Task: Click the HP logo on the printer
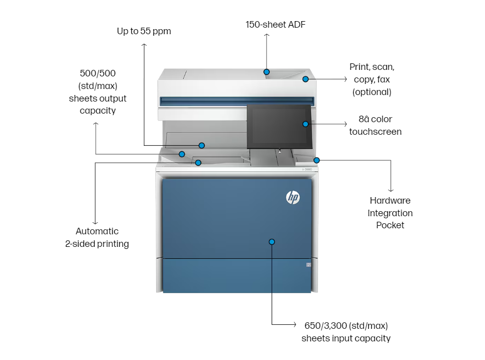(293, 198)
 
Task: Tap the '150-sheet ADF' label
(275, 24)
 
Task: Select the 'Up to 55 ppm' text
(144, 31)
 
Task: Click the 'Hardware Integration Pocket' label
(390, 213)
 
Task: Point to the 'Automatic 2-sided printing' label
(97, 237)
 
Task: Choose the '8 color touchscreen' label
(375, 125)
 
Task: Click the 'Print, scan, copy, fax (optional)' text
(372, 79)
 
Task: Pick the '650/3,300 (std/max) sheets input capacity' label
(346, 332)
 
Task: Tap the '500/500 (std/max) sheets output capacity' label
(98, 92)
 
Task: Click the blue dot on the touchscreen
(305, 124)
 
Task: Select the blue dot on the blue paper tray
(272, 242)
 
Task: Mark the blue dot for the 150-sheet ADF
(267, 72)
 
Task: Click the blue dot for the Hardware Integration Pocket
(316, 160)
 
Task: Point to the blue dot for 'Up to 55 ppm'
(201, 145)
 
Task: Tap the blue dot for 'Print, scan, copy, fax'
(305, 79)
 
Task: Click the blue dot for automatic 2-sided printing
(198, 162)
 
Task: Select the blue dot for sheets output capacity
(182, 154)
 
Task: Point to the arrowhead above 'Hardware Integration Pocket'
(390, 190)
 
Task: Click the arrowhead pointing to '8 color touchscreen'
(345, 124)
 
